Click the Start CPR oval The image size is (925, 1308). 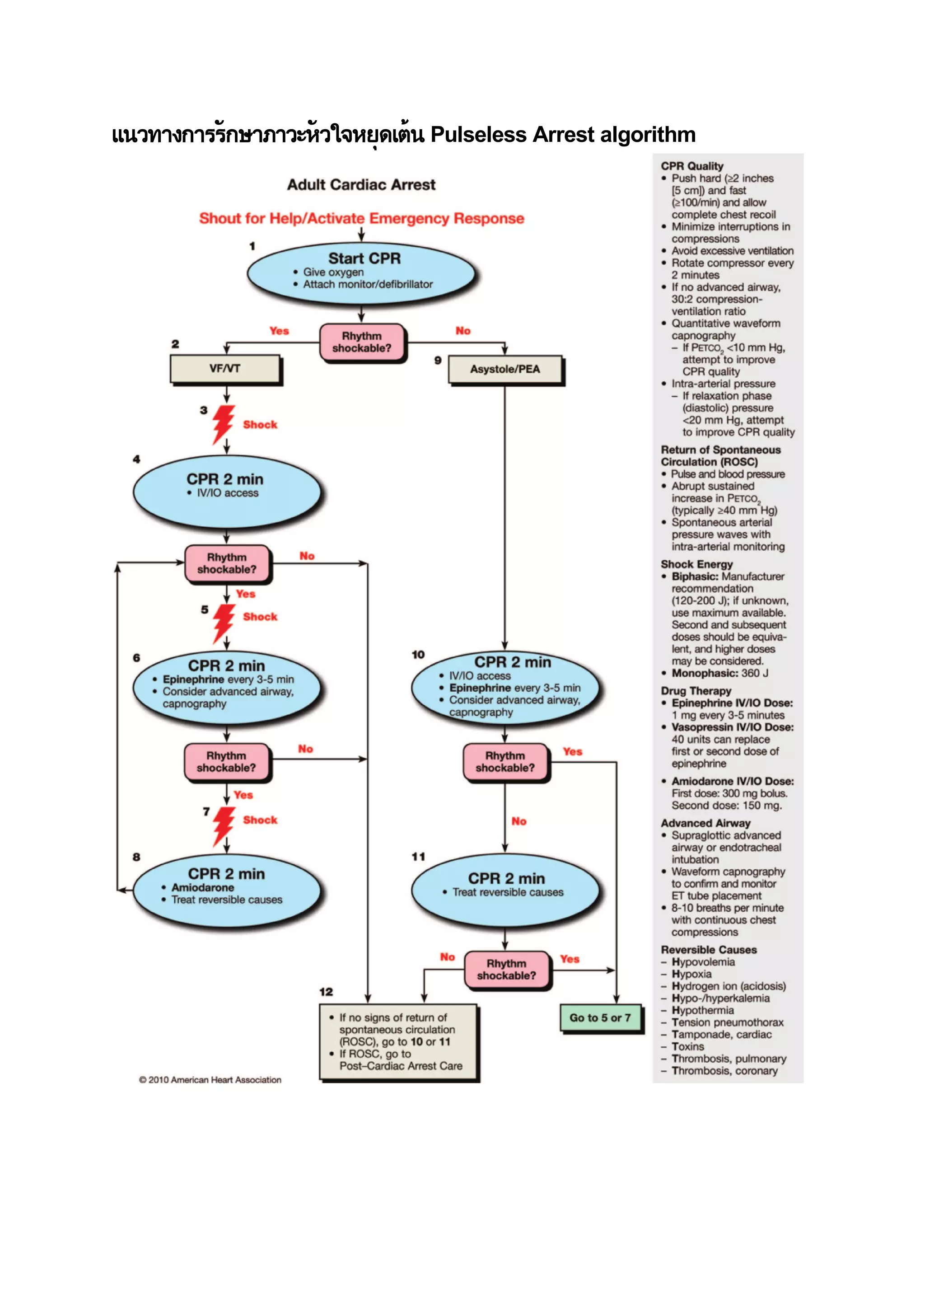[361, 271]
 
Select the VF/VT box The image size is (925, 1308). [225, 369]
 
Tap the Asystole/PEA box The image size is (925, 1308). [505, 369]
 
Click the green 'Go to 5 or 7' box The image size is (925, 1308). [600, 1017]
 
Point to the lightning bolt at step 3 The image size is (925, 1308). [223, 424]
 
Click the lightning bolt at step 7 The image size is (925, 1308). [223, 825]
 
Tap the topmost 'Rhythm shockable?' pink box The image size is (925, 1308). [362, 342]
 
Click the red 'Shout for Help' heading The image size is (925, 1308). [361, 218]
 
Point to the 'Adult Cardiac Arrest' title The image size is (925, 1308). [361, 185]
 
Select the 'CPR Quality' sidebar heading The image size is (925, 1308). [692, 166]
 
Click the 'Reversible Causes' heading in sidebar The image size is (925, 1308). [709, 950]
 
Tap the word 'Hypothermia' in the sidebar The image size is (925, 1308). [702, 1010]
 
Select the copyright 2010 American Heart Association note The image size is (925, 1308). [210, 1079]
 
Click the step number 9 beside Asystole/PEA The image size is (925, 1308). [438, 360]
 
